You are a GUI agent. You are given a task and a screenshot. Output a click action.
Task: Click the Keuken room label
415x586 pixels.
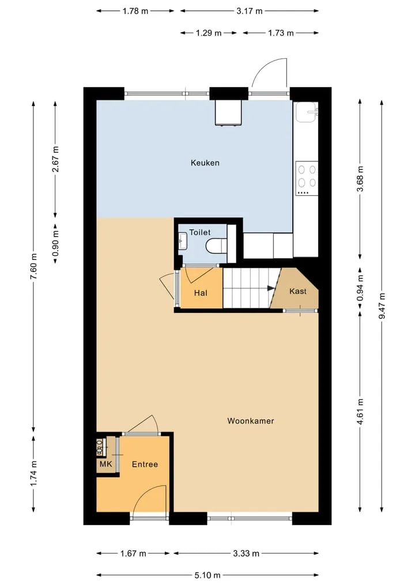(205, 162)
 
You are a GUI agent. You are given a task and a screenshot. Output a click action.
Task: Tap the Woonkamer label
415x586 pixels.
(251, 421)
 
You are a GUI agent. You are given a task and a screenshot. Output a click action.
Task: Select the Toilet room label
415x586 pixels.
(199, 232)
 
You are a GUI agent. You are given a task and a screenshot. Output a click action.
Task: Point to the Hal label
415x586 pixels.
(201, 293)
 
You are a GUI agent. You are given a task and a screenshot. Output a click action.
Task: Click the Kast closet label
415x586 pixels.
(297, 291)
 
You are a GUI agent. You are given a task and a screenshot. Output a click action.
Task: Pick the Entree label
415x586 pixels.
(145, 464)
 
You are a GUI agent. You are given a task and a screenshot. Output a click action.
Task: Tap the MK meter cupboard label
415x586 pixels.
(106, 464)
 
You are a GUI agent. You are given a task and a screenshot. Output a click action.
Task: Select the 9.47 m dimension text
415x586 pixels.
(382, 306)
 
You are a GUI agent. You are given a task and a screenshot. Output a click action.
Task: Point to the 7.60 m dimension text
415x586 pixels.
(33, 266)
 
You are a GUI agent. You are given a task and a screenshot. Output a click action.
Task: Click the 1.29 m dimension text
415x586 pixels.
(209, 33)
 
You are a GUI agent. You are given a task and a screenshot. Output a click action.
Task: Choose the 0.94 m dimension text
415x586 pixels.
(360, 288)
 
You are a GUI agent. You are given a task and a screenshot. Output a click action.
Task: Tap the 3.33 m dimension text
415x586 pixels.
(246, 554)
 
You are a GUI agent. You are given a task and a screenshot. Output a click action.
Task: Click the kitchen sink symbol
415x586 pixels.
(307, 112)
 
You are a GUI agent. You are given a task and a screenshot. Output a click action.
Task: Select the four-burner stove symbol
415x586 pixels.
(307, 178)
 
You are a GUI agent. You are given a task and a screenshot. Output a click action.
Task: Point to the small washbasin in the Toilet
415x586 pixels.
(183, 241)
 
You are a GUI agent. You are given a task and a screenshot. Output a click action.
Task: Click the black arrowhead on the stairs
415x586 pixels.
(271, 288)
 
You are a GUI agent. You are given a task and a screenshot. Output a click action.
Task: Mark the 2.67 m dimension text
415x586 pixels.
(55, 159)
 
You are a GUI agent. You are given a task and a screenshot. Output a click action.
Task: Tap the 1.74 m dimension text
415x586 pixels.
(33, 474)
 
